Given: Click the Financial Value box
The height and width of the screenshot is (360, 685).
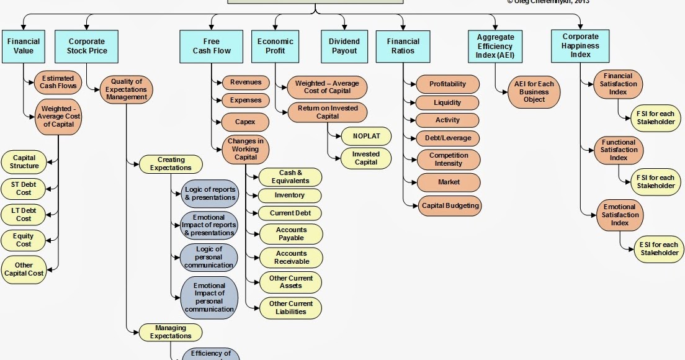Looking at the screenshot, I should tap(24, 46).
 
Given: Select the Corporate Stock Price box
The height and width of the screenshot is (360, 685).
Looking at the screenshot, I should tap(87, 46).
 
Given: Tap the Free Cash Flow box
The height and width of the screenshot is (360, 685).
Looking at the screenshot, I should tap(211, 46).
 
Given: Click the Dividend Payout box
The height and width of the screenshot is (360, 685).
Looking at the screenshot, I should tap(344, 46).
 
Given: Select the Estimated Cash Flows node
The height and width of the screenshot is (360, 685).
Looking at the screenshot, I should tap(57, 82).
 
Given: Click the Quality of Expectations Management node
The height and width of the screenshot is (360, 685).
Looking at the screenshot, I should tap(127, 89).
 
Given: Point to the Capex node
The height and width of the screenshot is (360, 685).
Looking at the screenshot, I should tap(245, 121).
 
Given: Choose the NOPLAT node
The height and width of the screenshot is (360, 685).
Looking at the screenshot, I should tap(366, 136).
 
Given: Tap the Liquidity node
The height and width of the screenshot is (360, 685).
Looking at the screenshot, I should tap(447, 102).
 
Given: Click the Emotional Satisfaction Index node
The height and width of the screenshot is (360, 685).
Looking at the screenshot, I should tap(619, 215).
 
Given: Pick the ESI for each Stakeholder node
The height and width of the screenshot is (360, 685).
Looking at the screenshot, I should tap(659, 248).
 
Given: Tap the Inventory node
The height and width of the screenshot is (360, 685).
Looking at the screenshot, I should tap(290, 196).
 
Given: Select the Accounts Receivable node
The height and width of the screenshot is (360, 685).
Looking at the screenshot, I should tap(291, 258).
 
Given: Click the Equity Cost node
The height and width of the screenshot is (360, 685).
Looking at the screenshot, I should tap(24, 240).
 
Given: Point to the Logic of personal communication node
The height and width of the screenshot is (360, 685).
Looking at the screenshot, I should tap(209, 257).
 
